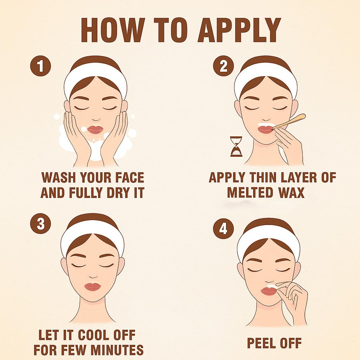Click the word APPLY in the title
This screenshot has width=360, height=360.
(239, 30)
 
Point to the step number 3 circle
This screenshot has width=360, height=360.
(41, 224)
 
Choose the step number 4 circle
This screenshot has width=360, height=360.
(223, 229)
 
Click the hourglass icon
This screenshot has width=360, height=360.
(236, 147)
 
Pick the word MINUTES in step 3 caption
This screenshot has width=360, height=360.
(117, 350)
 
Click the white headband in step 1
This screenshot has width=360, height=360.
(96, 75)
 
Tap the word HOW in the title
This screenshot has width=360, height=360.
(113, 30)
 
